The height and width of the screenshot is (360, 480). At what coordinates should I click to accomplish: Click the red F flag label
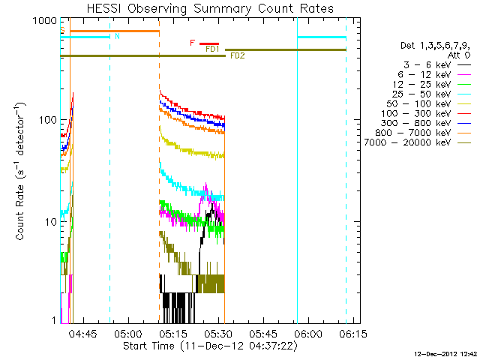(193, 43)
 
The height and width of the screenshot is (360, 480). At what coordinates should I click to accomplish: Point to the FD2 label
(237, 56)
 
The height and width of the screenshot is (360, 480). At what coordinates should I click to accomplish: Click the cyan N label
(116, 36)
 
